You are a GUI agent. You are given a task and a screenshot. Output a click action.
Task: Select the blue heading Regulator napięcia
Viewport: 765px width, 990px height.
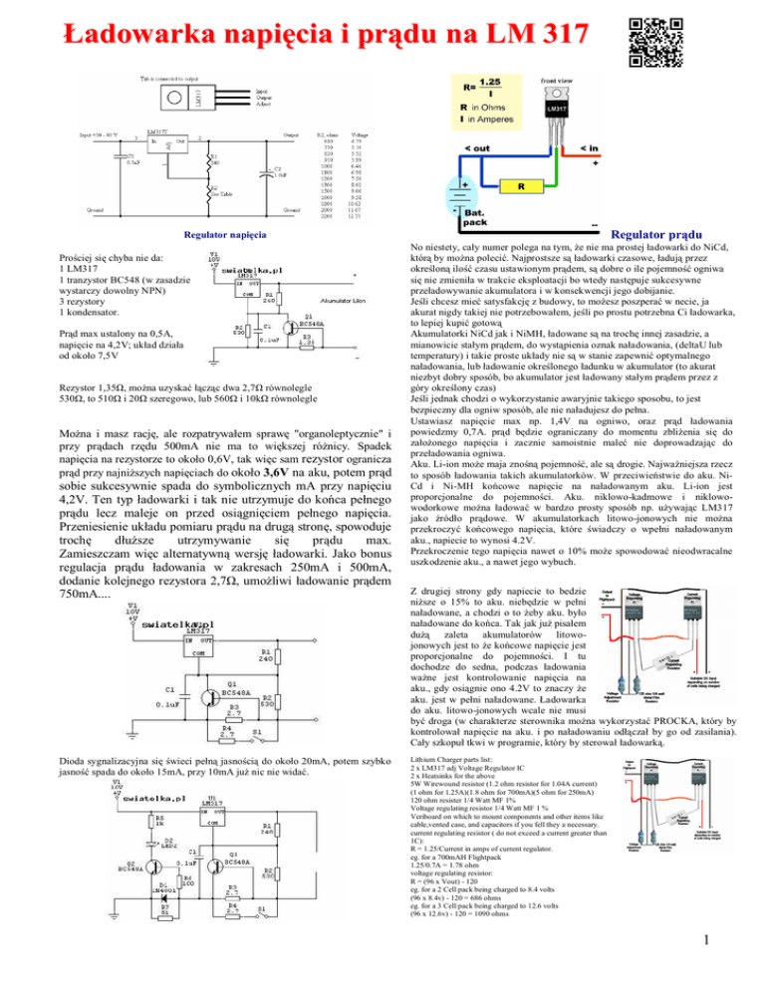pyautogui.click(x=215, y=235)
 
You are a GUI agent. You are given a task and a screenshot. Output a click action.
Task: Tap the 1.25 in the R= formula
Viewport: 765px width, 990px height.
pyautogui.click(x=491, y=84)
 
